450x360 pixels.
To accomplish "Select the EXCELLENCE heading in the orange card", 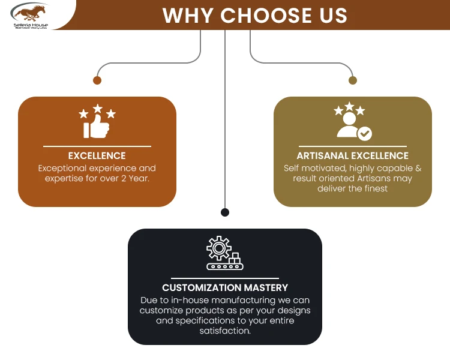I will (x=97, y=156).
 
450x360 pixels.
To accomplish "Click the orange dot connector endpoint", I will (x=97, y=80).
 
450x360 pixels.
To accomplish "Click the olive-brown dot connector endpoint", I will (x=352, y=80).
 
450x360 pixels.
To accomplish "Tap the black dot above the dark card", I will (x=225, y=212).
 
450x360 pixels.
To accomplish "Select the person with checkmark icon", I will (x=352, y=122).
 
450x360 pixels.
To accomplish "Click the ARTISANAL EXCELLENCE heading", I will (x=353, y=156).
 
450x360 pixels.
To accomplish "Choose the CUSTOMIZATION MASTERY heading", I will (x=225, y=288).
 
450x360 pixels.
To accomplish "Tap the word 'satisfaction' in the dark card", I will (x=225, y=331).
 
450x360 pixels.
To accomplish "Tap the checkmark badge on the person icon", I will (x=365, y=133).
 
